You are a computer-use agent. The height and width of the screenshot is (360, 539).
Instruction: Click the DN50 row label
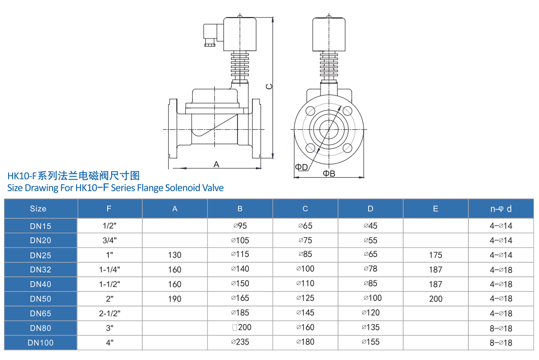pyautogui.click(x=40, y=299)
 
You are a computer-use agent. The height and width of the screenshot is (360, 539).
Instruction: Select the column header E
pyautogui.click(x=435, y=208)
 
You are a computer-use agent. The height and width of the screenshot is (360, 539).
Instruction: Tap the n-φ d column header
pyautogui.click(x=501, y=208)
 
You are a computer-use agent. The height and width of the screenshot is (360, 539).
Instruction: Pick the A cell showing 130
pyautogui.click(x=175, y=255)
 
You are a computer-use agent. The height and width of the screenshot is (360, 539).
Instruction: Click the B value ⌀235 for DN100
pyautogui.click(x=240, y=342)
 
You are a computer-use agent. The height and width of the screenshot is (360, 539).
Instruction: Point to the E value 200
pyautogui.click(x=435, y=299)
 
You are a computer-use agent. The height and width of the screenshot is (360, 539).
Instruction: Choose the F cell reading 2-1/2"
pyautogui.click(x=110, y=313)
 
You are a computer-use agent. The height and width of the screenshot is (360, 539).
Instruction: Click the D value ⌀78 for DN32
pyautogui.click(x=370, y=269)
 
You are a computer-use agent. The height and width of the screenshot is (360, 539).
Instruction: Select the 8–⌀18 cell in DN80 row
pyautogui.click(x=501, y=328)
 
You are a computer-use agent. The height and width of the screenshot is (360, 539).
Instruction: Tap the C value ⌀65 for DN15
pyautogui.click(x=305, y=226)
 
